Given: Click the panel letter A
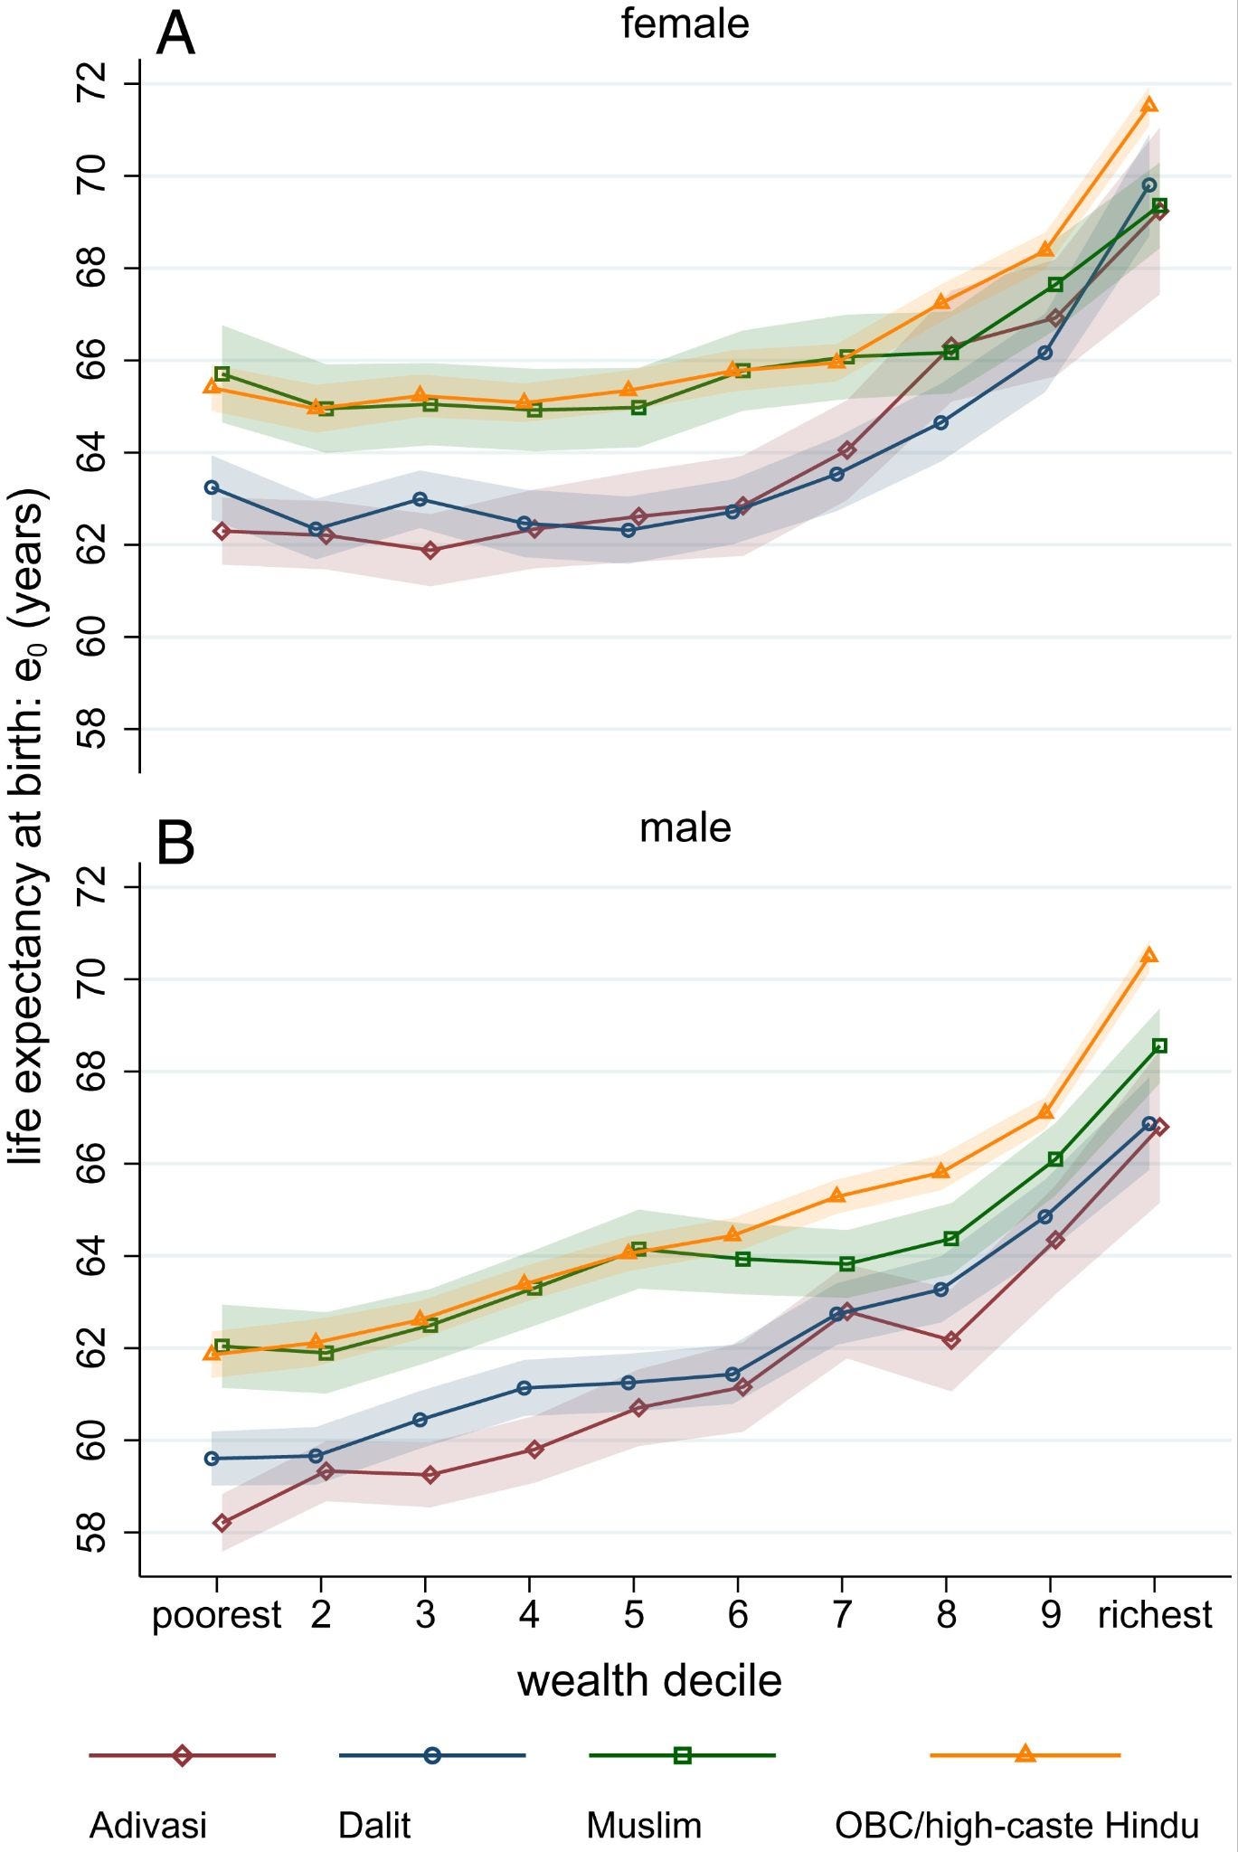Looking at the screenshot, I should pos(175,36).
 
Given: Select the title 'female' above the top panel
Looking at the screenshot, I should pos(685,24).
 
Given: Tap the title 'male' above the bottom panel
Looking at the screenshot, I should pos(685,827).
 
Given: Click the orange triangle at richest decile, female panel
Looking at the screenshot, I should pos(1149,105).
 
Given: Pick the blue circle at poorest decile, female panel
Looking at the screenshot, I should pos(212,487).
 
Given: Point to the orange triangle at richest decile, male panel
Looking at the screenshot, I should pos(1149,956).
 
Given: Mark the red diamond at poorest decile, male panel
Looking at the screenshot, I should pos(222,1523).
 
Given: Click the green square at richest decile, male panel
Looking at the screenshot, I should pos(1159,1045).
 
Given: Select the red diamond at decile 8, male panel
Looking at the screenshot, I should pos(950,1339).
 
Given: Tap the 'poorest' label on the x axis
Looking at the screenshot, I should pos(217,1615).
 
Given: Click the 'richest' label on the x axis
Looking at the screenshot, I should pos(1155,1615).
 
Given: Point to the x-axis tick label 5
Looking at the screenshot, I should pos(633,1615).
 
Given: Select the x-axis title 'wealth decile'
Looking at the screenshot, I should pos(648,1681).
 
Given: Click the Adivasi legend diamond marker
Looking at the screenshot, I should pos(182,1755).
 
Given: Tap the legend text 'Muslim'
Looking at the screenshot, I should pos(643,1825).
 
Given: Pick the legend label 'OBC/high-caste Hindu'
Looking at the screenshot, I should pos(1016,1825).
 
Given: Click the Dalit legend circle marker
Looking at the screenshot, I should pos(432,1755).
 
